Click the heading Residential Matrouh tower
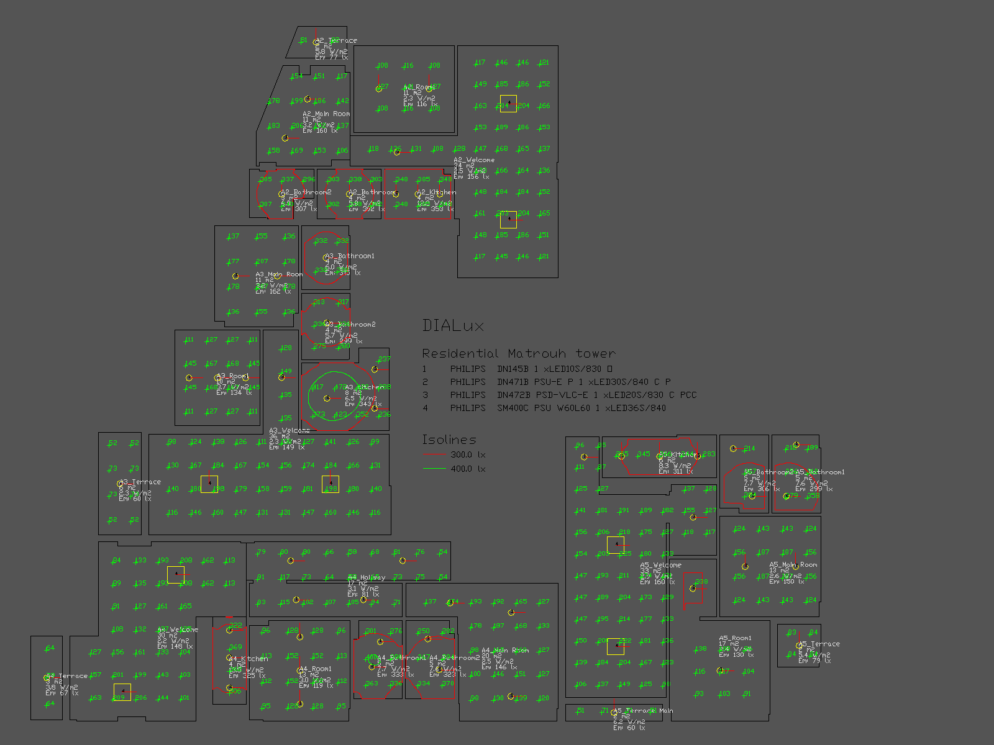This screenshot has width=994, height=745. pyautogui.click(x=518, y=354)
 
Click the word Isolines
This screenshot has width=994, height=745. pyautogui.click(x=449, y=440)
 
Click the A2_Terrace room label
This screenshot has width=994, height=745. pyautogui.click(x=336, y=40)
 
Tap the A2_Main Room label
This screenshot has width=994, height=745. pyautogui.click(x=326, y=114)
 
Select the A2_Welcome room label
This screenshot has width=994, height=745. pyautogui.click(x=474, y=160)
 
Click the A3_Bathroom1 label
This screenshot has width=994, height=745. pyautogui.click(x=350, y=256)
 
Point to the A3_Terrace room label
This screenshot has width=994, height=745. pyautogui.click(x=140, y=482)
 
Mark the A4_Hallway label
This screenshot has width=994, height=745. pyautogui.click(x=367, y=577)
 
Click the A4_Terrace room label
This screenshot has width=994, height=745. pyautogui.click(x=67, y=676)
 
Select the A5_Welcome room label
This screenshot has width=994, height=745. pyautogui.click(x=661, y=565)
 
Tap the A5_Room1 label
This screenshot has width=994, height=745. pyautogui.click(x=735, y=638)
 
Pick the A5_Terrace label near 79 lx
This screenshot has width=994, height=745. pyautogui.click(x=819, y=644)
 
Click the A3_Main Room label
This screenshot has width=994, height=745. pyautogui.click(x=279, y=274)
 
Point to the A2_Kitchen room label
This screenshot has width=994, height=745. pyautogui.click(x=437, y=192)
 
